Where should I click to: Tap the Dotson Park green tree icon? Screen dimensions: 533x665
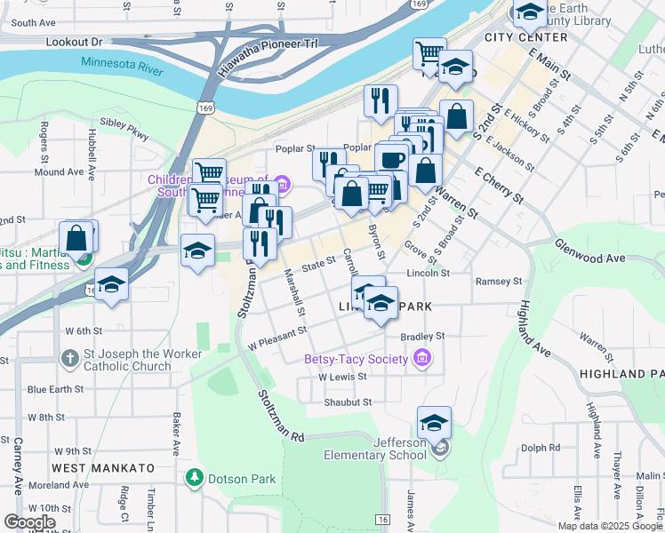[195, 478]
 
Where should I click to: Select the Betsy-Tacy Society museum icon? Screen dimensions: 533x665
[422, 359]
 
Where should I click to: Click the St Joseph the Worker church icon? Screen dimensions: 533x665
[70, 359]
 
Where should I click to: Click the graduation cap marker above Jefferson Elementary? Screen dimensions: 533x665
[434, 423]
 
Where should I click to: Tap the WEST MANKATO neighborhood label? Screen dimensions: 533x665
[102, 467]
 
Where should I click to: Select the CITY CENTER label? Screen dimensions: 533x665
[525, 37]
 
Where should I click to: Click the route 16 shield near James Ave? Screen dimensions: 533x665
[382, 518]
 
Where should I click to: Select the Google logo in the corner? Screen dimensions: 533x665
[29, 521]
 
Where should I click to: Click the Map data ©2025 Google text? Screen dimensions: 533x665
[610, 526]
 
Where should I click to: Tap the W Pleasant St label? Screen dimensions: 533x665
[277, 337]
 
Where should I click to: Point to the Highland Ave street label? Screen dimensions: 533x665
[533, 328]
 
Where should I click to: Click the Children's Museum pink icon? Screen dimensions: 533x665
[283, 185]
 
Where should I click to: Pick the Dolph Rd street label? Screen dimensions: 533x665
[541, 448]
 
